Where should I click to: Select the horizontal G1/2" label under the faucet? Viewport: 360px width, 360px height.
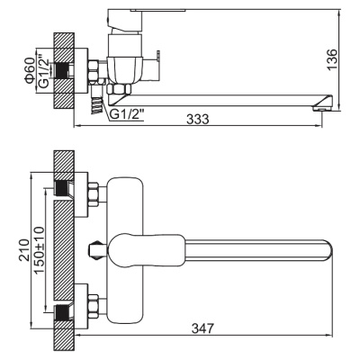pyautogui.click(x=127, y=114)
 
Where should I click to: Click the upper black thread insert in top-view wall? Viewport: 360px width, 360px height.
pyautogui.click(x=62, y=188)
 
